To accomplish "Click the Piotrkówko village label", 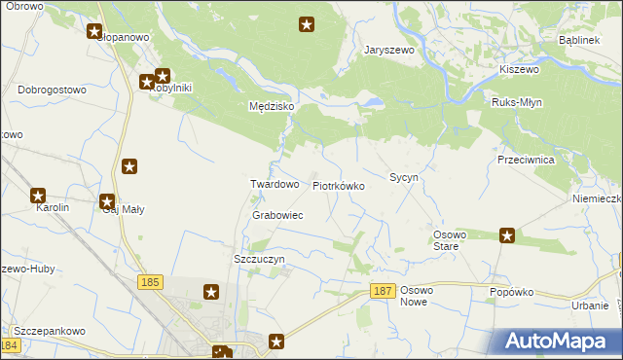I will pyautogui.click(x=339, y=185).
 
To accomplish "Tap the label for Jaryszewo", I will pyautogui.click(x=389, y=50).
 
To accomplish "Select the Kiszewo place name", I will pyautogui.click(x=519, y=70).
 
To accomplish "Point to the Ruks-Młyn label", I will pyautogui.click(x=517, y=102).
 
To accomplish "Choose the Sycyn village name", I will pyautogui.click(x=404, y=178).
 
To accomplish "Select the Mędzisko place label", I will pyautogui.click(x=272, y=106).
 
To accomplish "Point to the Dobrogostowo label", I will pyautogui.click(x=53, y=90).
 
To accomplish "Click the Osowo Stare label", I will pyautogui.click(x=452, y=240).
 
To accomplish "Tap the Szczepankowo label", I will pyautogui.click(x=49, y=331).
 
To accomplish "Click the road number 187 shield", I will pyautogui.click(x=384, y=291).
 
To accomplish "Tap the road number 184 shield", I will pyautogui.click(x=10, y=345).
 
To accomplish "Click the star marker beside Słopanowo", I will pyautogui.click(x=94, y=31).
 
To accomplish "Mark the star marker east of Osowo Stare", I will pyautogui.click(x=507, y=234).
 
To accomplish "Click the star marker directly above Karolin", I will pyautogui.click(x=38, y=196).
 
